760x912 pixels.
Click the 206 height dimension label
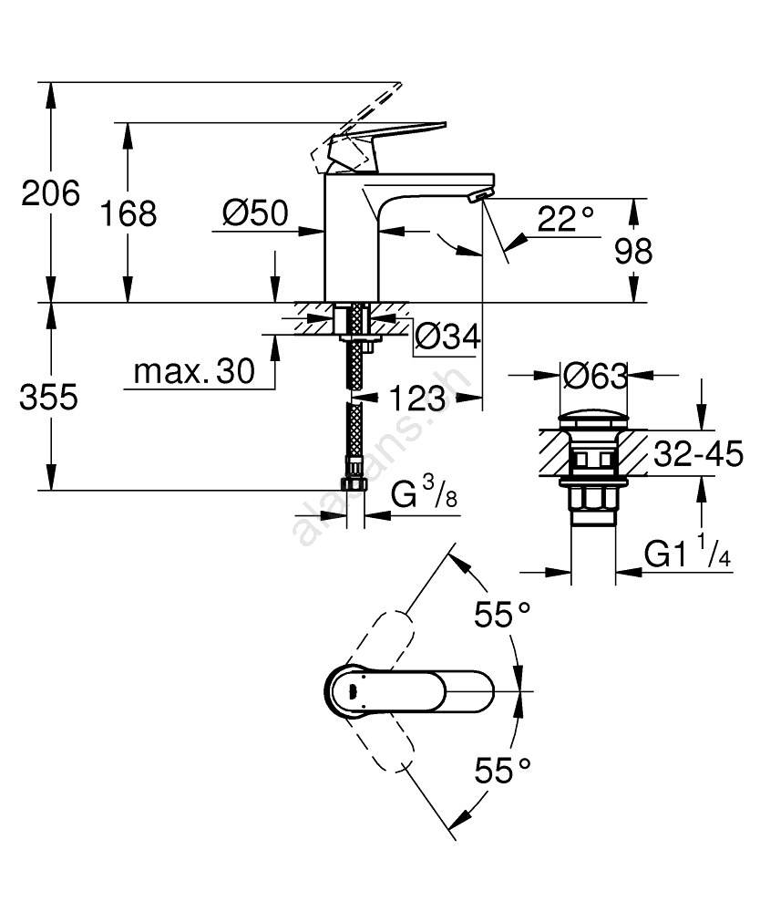click(51, 193)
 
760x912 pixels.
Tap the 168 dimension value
click(128, 215)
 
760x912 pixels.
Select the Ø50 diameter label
click(254, 215)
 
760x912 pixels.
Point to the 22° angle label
click(565, 218)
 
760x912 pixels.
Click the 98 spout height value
click(632, 251)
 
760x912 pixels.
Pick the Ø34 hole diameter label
click(447, 337)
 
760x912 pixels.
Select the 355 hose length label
click(51, 399)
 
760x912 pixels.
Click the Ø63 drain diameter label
click(594, 375)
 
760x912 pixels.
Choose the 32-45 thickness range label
click(698, 453)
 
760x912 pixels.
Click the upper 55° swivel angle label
click(501, 617)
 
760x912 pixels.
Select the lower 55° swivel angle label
click(501, 772)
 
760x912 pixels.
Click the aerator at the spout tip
click(476, 196)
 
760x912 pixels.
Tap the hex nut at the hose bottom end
click(354, 483)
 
